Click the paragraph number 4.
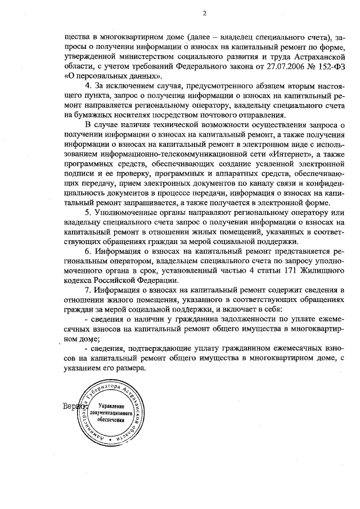tap(87, 84)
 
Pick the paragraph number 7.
tap(87, 290)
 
